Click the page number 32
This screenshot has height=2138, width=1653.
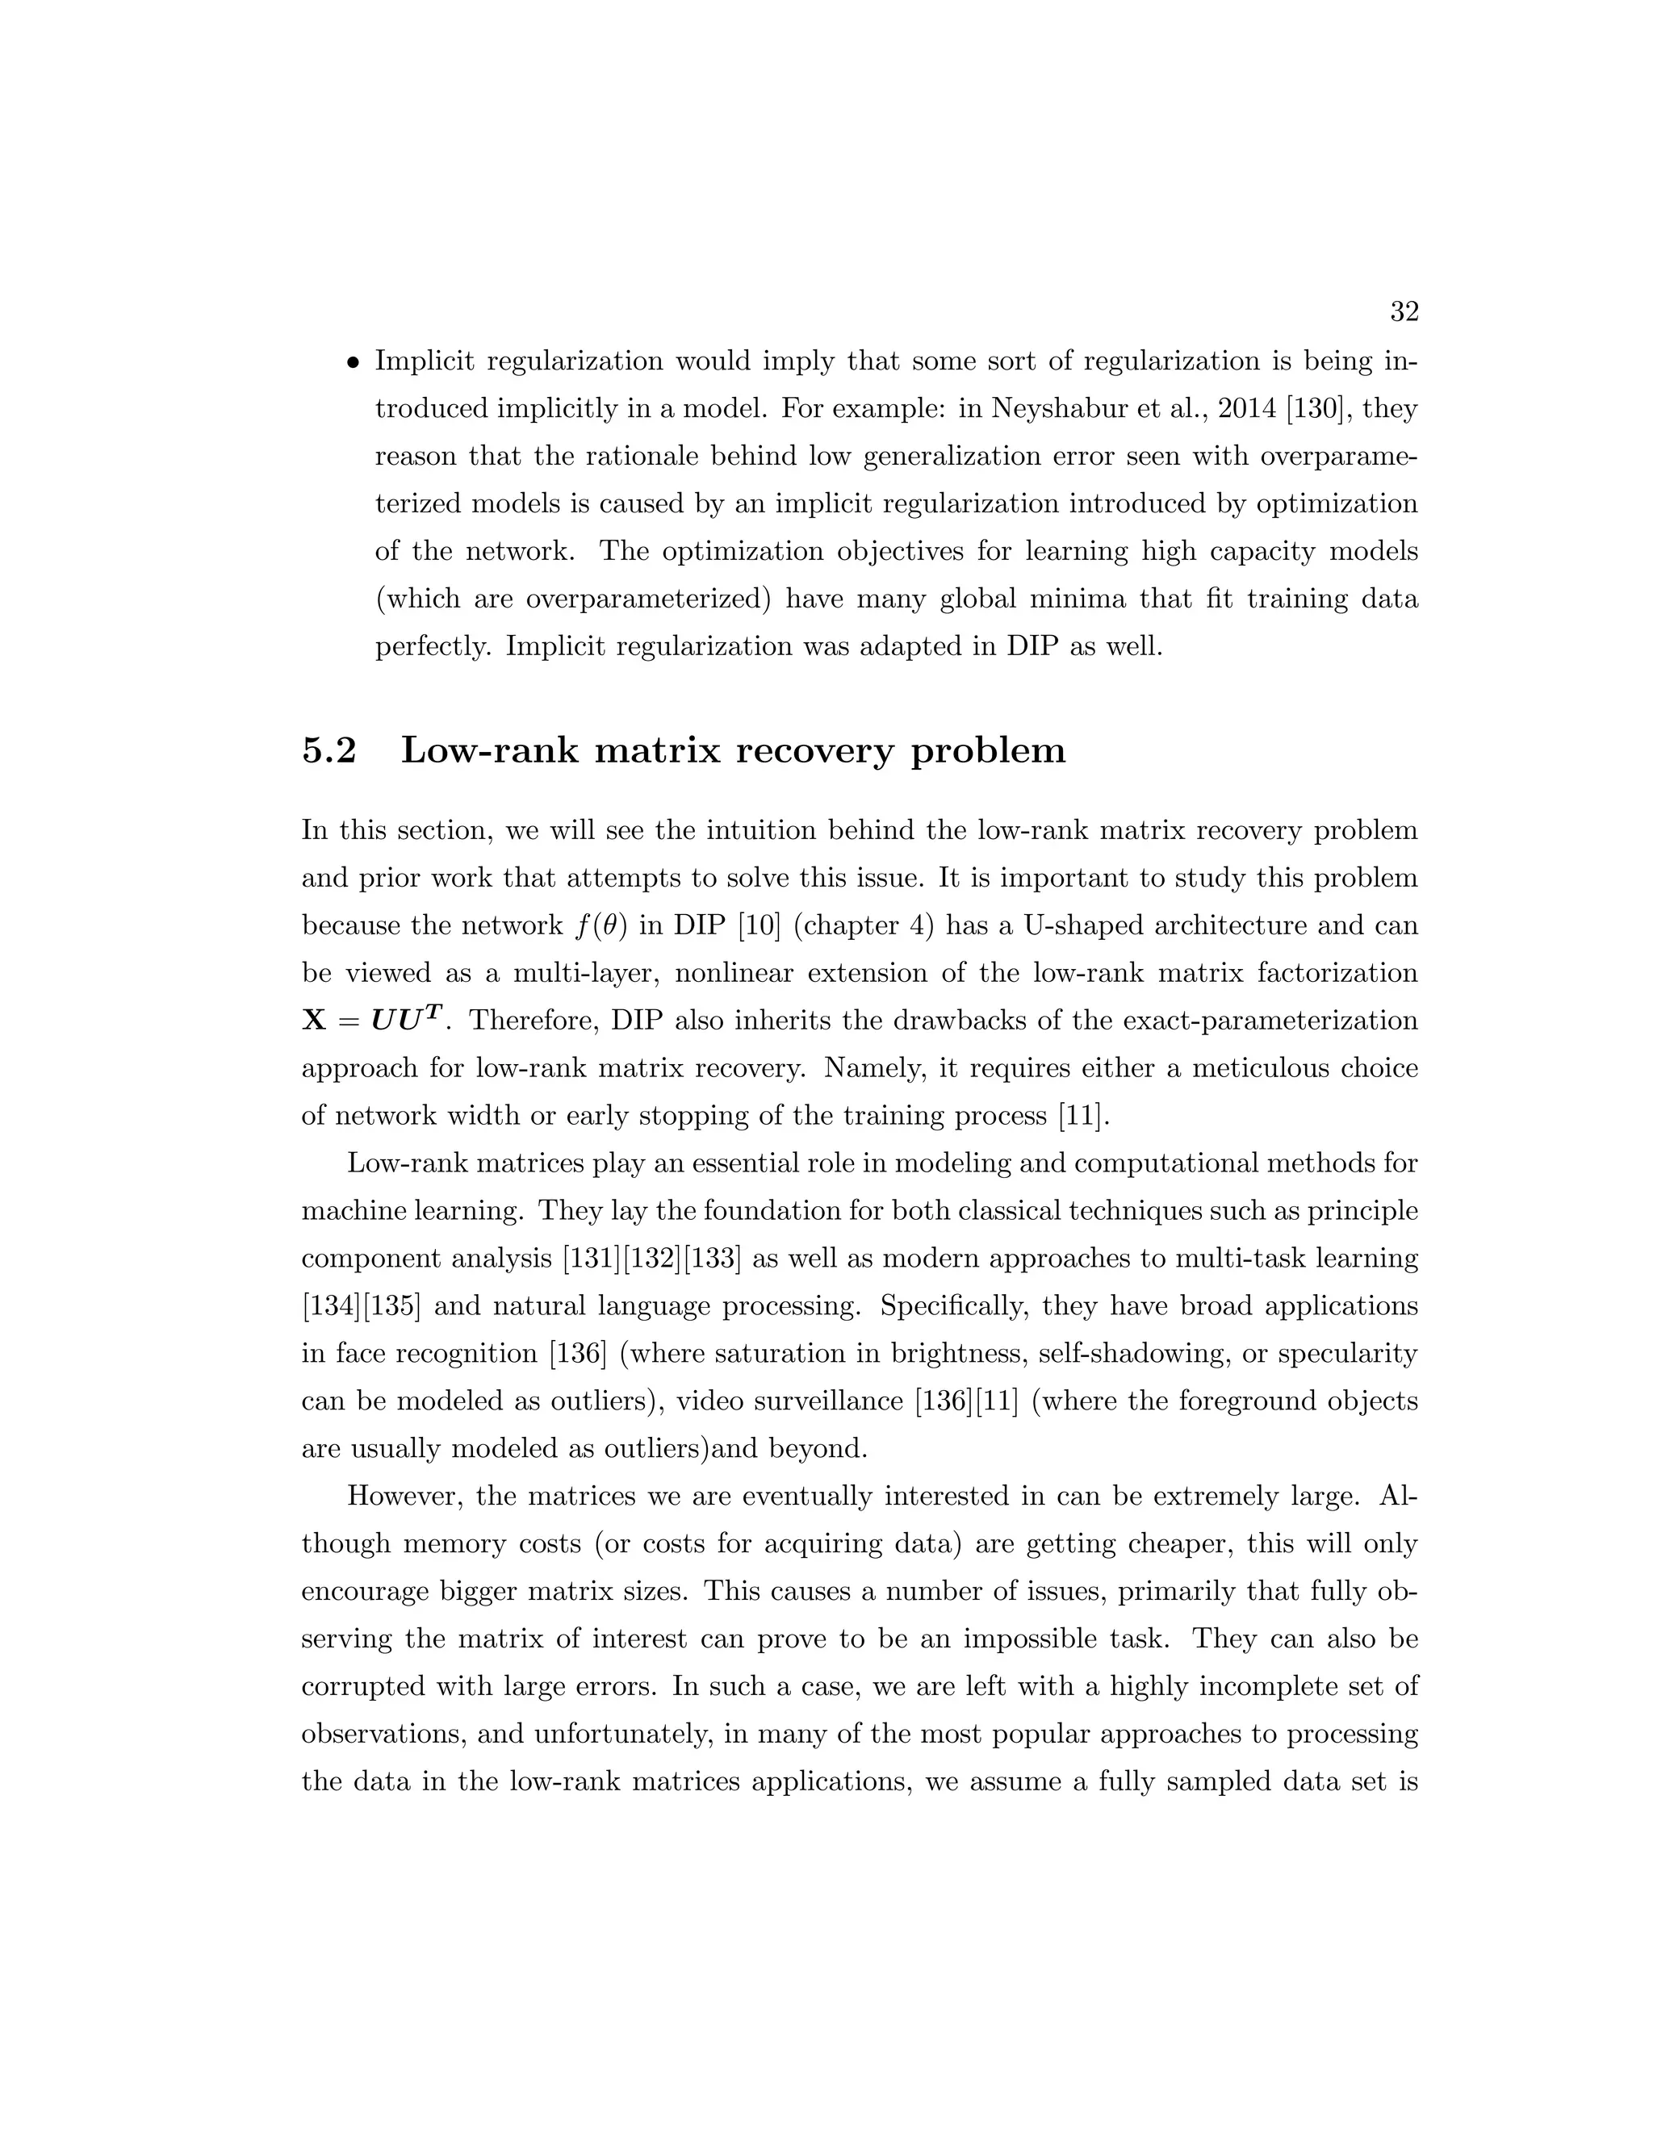tap(1404, 312)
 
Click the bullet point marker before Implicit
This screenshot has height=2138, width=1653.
tap(353, 362)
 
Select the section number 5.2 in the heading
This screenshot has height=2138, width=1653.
tap(329, 751)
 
